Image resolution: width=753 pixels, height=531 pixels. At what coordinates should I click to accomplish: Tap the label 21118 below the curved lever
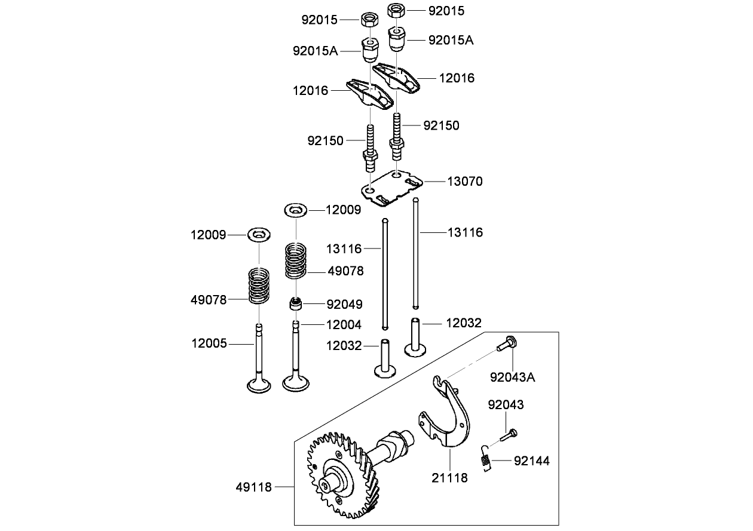coord(449,478)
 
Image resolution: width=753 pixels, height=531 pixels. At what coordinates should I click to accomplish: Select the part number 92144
coord(531,461)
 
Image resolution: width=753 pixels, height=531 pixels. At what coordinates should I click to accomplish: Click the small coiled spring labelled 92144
coord(486,460)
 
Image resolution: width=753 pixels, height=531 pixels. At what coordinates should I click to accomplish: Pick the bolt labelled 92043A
coord(508,344)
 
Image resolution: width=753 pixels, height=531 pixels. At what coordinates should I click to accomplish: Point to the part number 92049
coord(344,305)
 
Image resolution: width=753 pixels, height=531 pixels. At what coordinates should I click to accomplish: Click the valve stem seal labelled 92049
coord(295,304)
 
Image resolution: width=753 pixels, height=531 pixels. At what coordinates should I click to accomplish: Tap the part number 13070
coord(464,181)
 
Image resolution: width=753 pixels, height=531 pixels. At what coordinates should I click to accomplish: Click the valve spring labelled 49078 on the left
coord(259,286)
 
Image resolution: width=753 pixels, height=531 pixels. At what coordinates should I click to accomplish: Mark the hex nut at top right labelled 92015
coord(395,10)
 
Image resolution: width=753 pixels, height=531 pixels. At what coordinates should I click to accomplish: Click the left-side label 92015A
coord(315,51)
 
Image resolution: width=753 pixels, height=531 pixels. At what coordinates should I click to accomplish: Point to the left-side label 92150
coord(325,141)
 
